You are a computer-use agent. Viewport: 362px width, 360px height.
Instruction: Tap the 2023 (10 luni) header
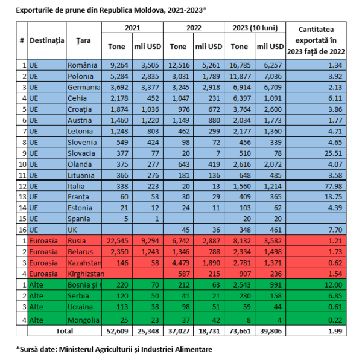point(254,28)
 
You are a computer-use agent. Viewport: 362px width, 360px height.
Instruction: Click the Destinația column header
point(46,40)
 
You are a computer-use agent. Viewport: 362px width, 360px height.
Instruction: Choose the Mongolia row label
point(83,320)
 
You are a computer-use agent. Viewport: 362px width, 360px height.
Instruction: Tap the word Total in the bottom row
point(64,331)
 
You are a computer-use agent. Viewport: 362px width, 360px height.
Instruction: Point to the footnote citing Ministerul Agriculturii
point(114,349)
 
